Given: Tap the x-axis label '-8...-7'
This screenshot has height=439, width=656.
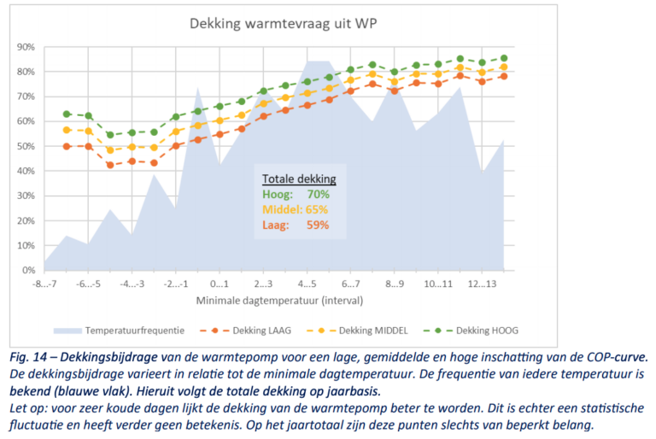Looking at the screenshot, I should tap(44, 284).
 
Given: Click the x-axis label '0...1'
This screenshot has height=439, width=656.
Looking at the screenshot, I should tap(219, 284).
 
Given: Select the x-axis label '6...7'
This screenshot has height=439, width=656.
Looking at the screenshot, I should tap(349, 284).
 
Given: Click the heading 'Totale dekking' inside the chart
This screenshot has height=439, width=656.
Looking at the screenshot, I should tap(298, 179).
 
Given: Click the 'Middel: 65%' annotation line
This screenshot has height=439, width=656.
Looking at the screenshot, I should tap(295, 208).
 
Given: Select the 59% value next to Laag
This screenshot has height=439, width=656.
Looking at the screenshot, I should tap(318, 224).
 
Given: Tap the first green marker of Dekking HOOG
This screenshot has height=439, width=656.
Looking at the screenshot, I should tap(67, 114).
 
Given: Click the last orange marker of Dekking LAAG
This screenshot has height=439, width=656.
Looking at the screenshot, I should tap(504, 76).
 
